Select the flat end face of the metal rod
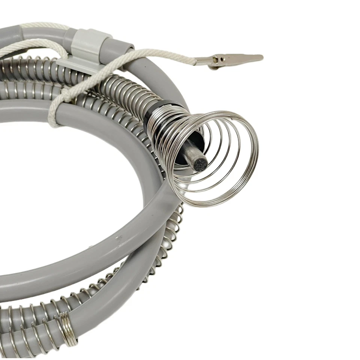click(x=201, y=164)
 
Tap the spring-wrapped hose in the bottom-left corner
click(x=22, y=319)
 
